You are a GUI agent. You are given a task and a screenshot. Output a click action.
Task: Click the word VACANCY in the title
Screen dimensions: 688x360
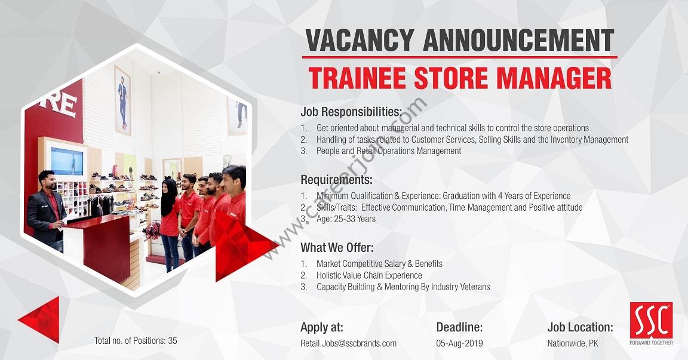point(360,41)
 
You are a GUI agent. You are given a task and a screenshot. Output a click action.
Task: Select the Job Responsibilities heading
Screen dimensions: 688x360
point(351,112)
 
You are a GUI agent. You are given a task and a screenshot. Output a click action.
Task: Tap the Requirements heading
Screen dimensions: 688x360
point(337,180)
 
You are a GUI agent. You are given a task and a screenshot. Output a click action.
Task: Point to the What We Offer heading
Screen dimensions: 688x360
point(337,248)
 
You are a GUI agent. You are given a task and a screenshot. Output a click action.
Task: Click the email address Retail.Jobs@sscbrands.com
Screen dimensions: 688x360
point(348,343)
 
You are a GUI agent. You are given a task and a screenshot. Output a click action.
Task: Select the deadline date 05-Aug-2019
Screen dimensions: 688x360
point(459,343)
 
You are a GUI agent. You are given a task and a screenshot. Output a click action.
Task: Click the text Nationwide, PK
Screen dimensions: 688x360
point(573,343)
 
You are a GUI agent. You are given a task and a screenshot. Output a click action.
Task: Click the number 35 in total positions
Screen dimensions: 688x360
point(173,341)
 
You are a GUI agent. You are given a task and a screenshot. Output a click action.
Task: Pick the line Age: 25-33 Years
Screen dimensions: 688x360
point(346,219)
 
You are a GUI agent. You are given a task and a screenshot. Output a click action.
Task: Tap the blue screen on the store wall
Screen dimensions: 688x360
point(67,161)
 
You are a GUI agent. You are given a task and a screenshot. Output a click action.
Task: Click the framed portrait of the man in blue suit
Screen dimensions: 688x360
point(123,100)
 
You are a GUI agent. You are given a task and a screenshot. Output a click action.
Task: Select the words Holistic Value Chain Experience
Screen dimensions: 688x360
point(369,275)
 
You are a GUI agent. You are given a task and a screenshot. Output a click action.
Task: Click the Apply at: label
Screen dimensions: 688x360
point(322,327)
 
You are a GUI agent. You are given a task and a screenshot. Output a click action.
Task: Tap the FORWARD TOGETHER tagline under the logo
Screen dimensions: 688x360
point(651,343)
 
